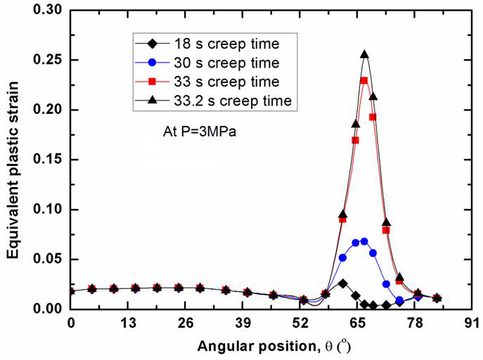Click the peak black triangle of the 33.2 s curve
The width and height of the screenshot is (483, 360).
(x=364, y=54)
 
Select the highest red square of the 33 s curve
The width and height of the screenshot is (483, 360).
(x=364, y=81)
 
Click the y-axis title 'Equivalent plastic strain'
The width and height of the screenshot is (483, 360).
(x=13, y=160)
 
